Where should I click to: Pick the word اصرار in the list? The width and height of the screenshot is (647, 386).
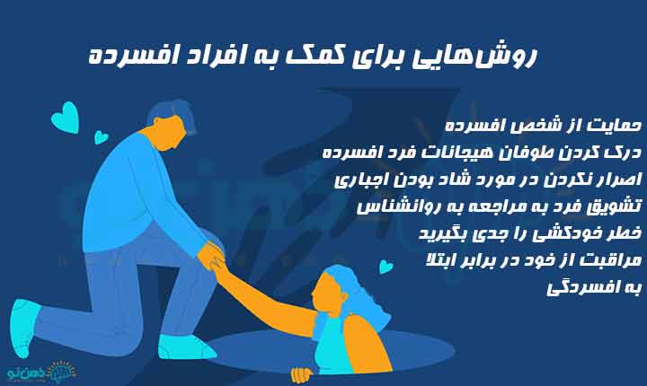[615, 179]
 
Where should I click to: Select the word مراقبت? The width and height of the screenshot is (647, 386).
[609, 262]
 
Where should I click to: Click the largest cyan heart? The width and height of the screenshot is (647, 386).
[64, 118]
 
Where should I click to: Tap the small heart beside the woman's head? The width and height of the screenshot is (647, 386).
[386, 267]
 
